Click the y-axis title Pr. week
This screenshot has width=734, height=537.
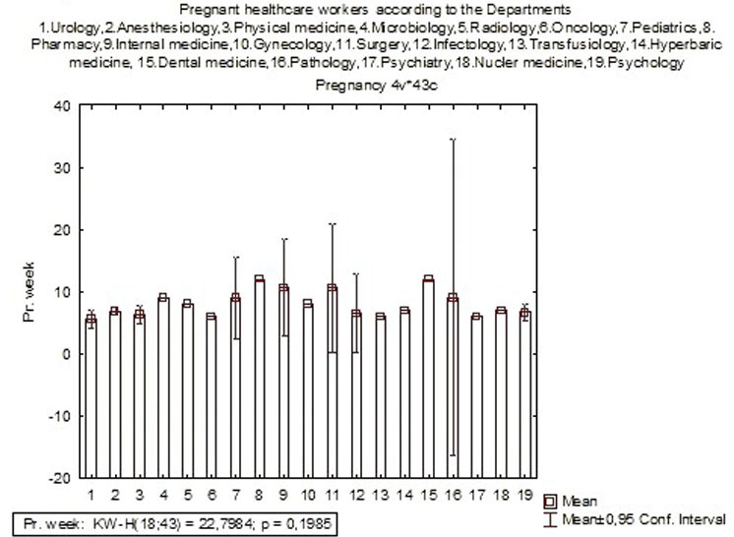[30, 291]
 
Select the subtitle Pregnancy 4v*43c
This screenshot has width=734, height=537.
[366, 86]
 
